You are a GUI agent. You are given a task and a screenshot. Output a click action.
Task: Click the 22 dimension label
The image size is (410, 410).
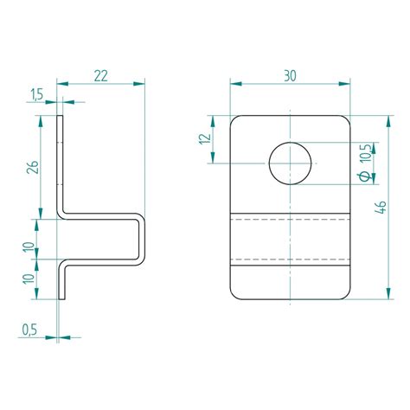[x=101, y=76]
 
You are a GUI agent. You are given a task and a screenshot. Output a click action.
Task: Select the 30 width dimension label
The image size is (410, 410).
[x=290, y=76]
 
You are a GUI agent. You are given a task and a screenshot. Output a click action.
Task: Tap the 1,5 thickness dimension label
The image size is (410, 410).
[x=36, y=94]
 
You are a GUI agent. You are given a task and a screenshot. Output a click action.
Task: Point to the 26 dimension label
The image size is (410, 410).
[x=33, y=167]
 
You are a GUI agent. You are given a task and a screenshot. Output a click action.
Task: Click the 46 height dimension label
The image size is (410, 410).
[x=381, y=208]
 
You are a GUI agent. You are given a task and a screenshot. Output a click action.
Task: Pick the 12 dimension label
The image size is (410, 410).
[x=205, y=138]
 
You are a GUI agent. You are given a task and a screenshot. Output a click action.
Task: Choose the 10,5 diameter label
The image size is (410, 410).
[x=366, y=153]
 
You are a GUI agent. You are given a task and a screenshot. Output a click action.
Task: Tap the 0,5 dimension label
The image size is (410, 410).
[x=29, y=330]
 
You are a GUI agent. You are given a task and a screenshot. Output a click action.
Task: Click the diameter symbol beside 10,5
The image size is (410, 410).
[x=366, y=176]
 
